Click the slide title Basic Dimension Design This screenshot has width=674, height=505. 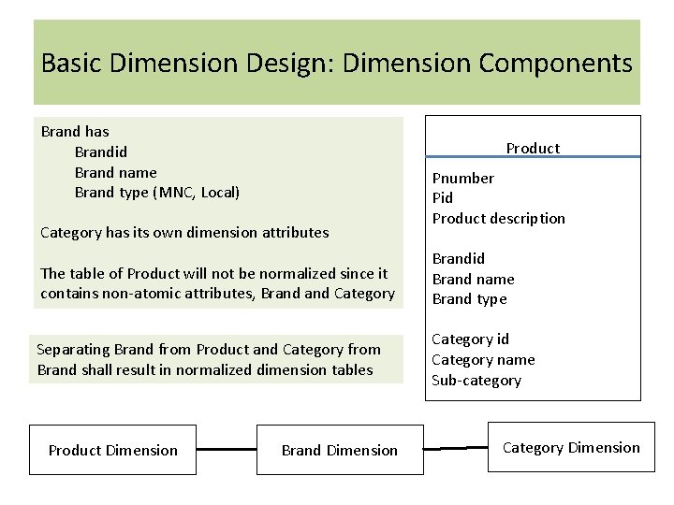(337, 64)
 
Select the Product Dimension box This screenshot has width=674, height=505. (112, 451)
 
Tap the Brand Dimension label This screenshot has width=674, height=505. (339, 451)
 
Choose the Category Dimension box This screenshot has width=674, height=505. (571, 448)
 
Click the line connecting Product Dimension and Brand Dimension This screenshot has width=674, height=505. (226, 449)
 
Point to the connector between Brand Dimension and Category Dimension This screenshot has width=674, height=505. (456, 448)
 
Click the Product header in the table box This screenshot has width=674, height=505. (533, 148)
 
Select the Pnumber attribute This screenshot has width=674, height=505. (462, 178)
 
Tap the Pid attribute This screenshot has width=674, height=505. (442, 198)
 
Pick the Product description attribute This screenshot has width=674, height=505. (498, 219)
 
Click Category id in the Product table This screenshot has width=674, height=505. (470, 339)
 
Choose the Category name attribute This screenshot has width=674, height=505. (483, 360)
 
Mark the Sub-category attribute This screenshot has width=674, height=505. (476, 381)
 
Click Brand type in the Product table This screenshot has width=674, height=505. (469, 299)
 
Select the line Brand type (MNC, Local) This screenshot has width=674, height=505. (156, 193)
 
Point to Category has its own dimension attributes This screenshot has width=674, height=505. (184, 232)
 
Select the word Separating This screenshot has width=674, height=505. (73, 350)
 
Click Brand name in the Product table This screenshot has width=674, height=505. (473, 279)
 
